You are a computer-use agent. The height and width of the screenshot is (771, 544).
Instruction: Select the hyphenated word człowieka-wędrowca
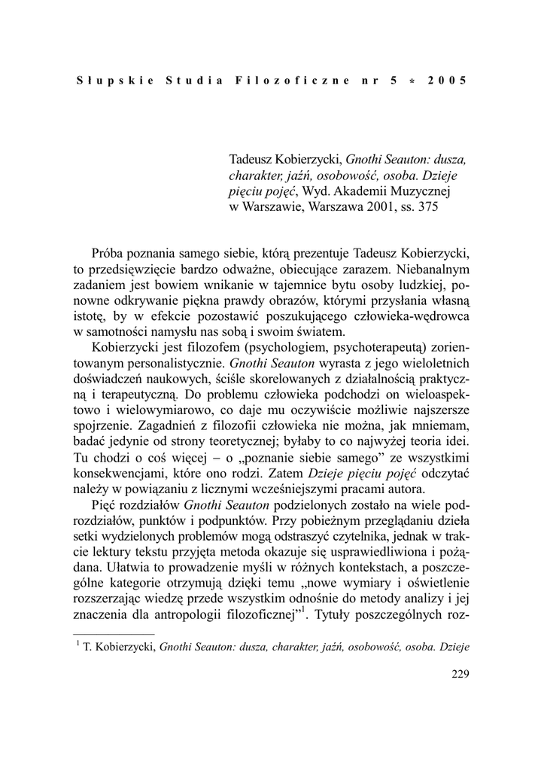point(409,316)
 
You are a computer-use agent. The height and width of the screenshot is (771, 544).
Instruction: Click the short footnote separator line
point(114,635)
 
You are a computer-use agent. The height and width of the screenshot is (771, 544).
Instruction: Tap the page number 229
point(460,675)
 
